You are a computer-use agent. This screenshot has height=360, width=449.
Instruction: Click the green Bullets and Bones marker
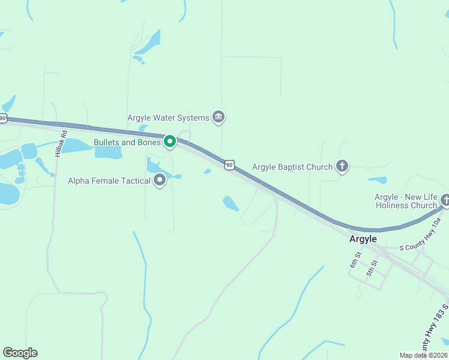170,142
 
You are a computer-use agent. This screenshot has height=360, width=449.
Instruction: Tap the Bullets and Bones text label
127,143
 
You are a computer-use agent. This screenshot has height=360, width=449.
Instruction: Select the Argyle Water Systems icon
218,118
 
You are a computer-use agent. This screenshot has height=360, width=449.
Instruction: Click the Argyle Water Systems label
168,118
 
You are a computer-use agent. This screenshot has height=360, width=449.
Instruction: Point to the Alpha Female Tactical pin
160,180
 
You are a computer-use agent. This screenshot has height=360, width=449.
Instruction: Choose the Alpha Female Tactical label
109,181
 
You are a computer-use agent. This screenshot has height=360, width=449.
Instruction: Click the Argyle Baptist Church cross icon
342,166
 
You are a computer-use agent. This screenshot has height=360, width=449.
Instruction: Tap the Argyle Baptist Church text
292,167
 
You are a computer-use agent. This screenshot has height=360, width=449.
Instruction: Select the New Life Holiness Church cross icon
445,200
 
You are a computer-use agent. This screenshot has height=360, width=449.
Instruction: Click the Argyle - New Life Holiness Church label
406,201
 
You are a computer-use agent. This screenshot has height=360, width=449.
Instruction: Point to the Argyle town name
363,239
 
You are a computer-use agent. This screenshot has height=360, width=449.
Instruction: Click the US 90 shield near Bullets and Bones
229,164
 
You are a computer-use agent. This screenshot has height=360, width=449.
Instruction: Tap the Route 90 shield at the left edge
3,118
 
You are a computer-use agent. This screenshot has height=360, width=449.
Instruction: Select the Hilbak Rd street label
58,144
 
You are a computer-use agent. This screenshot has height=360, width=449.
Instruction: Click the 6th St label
355,260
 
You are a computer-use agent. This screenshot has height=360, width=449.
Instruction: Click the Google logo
20,353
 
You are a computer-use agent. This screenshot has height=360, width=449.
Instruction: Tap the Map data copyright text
424,355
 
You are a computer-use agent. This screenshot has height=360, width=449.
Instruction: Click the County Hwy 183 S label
438,333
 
